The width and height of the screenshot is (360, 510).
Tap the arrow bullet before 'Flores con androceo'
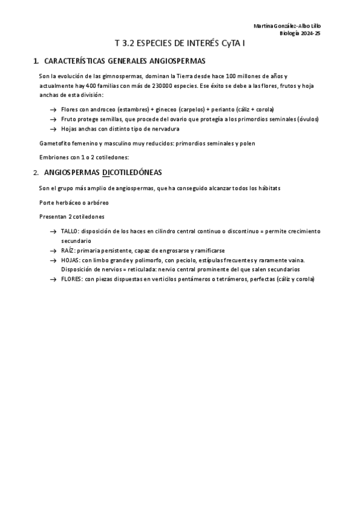(53, 109)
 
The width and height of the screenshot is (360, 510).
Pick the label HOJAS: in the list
(70, 260)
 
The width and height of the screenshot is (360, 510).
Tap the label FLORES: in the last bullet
(71, 279)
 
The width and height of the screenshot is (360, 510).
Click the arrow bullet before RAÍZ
(53, 250)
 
